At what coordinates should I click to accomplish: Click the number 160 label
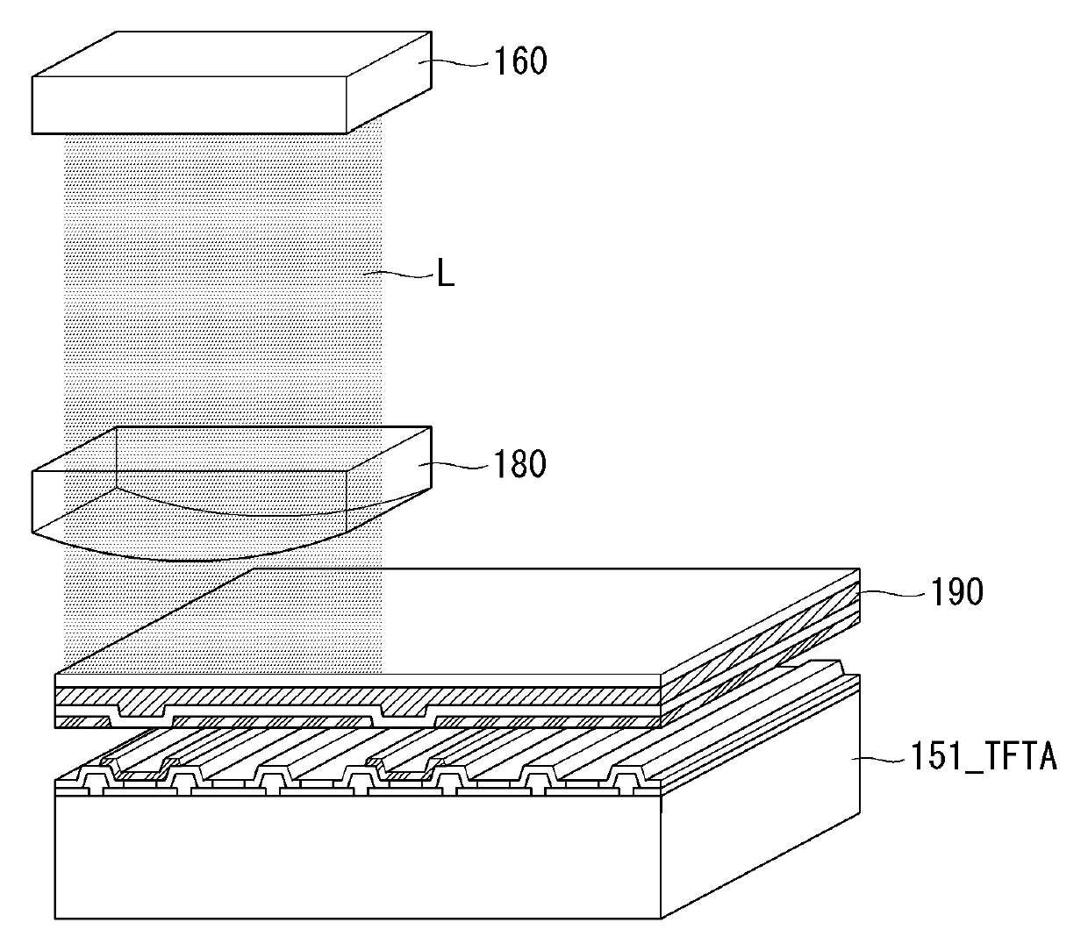pyautogui.click(x=521, y=61)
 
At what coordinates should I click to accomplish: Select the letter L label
pyautogui.click(x=447, y=277)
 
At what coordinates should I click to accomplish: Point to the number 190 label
pyautogui.click(x=957, y=592)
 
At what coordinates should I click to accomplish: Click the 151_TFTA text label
pyautogui.click(x=979, y=755)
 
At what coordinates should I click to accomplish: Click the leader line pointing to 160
pyautogui.click(x=456, y=61)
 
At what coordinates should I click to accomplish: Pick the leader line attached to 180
pyautogui.click(x=456, y=465)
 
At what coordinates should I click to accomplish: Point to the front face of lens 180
pyautogui.click(x=189, y=500)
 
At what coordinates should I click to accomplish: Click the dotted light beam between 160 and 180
pyautogui.click(x=224, y=281)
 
